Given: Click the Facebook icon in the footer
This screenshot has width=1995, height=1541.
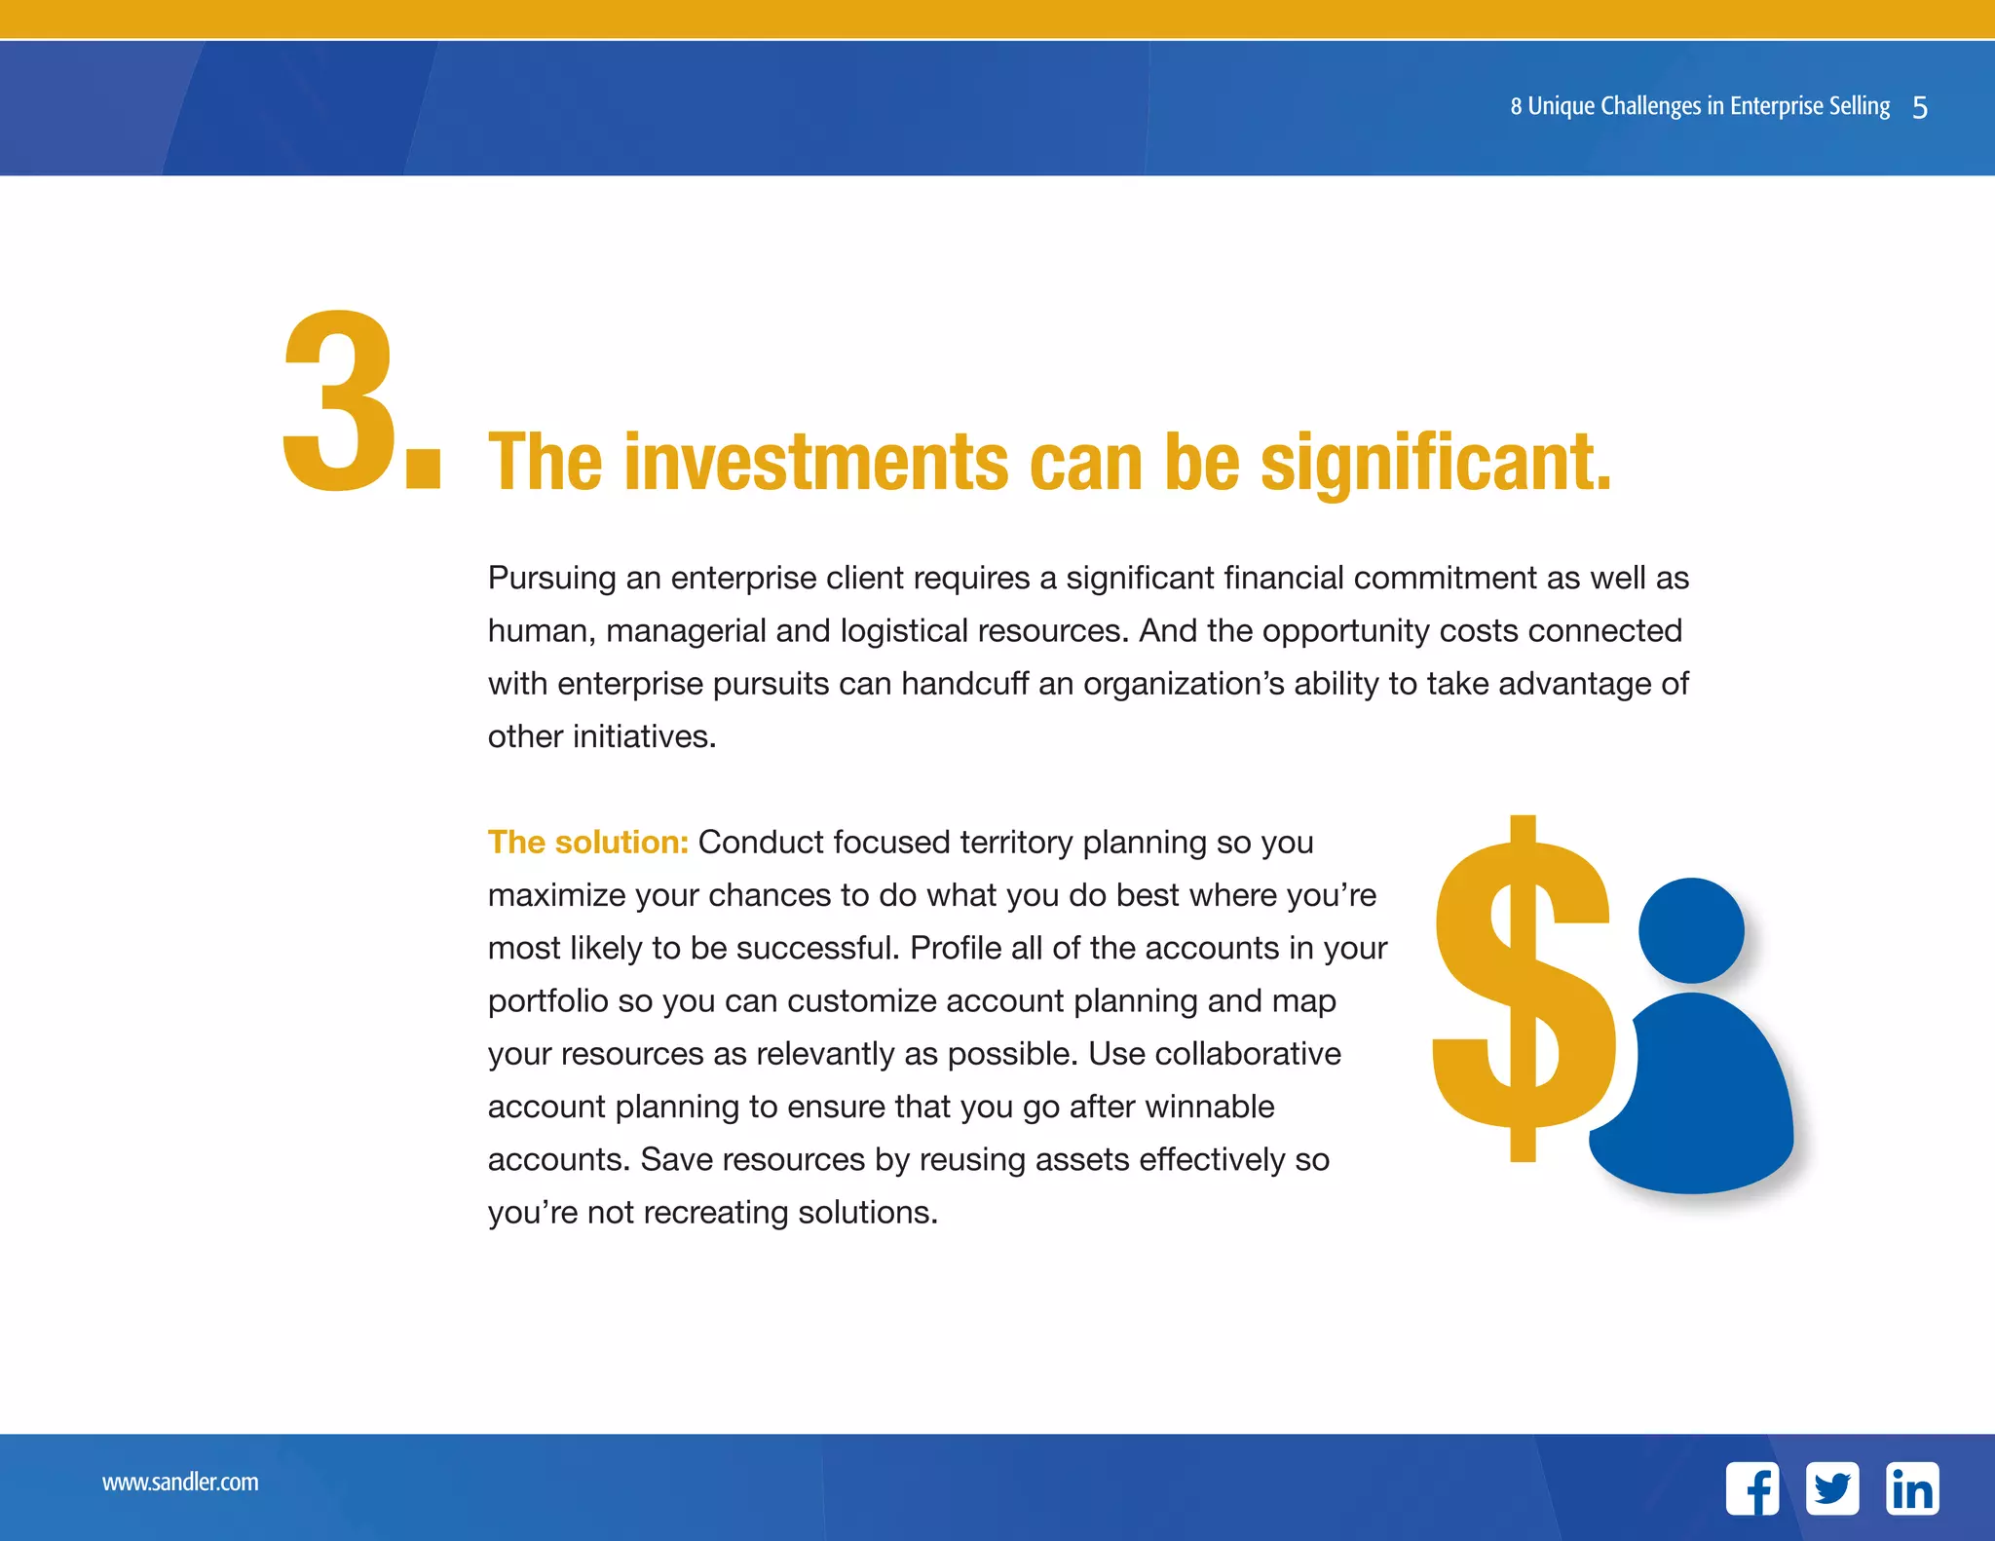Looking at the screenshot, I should tap(1751, 1488).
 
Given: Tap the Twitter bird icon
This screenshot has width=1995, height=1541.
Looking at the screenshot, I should tap(1831, 1488).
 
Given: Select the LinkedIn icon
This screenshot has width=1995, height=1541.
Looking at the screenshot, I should tap(1912, 1488).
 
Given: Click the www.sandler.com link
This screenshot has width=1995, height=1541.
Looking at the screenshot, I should tap(180, 1483).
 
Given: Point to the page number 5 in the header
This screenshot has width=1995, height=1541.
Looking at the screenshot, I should tap(1920, 107).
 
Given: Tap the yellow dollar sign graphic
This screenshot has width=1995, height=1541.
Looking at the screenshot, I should tap(1522, 989).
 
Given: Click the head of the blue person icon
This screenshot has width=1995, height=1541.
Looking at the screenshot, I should tap(1691, 930).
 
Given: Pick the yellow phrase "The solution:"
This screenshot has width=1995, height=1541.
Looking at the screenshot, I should tap(588, 843).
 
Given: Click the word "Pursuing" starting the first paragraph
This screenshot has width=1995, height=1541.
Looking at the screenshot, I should tap(551, 578).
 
